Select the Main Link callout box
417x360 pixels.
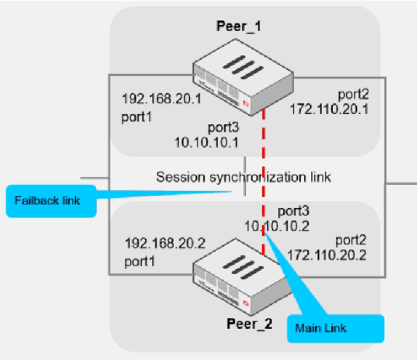coord(336,328)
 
